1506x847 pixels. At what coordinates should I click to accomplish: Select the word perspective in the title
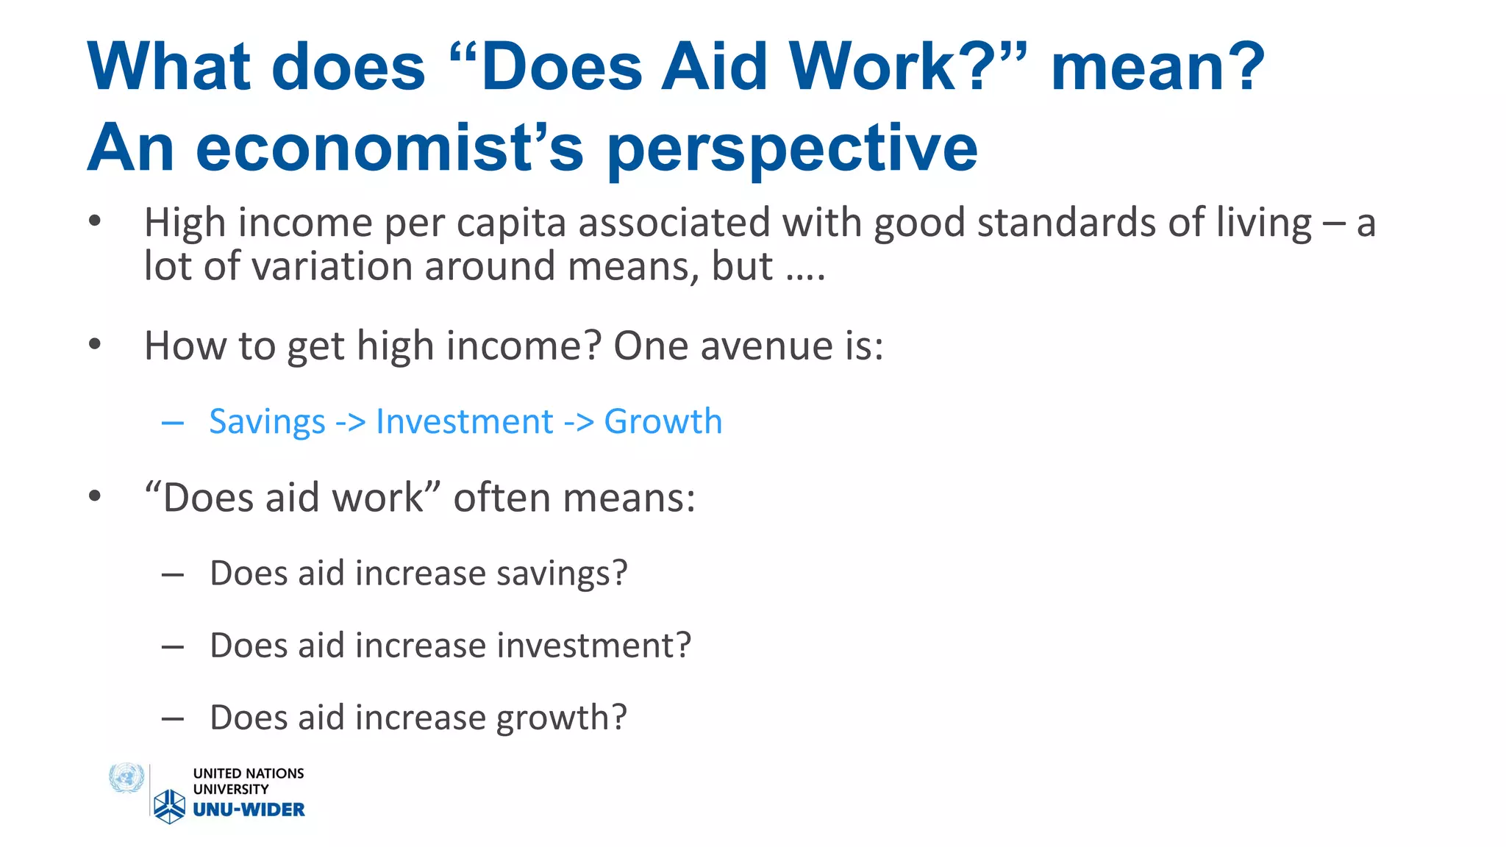(792, 149)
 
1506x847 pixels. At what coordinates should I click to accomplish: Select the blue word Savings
(267, 422)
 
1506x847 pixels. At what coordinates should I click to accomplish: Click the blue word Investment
(464, 422)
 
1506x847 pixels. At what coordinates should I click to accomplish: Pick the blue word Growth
(663, 422)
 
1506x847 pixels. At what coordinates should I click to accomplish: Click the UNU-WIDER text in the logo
(249, 810)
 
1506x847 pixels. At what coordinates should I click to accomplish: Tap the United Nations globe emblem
(126, 779)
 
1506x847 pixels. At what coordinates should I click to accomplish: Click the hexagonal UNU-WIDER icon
(170, 807)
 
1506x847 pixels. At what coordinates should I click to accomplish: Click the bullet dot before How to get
(94, 344)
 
